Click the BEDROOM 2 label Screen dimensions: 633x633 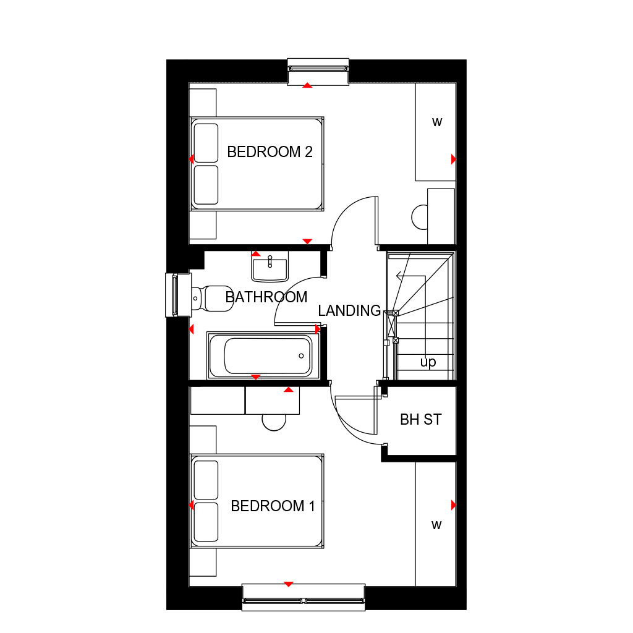pyautogui.click(x=270, y=152)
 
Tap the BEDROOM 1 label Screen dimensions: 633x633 pyautogui.click(x=273, y=506)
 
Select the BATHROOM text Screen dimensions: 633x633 pyautogui.click(x=266, y=297)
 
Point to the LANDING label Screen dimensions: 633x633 pyautogui.click(x=349, y=311)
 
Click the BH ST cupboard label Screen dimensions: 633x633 pyautogui.click(x=420, y=420)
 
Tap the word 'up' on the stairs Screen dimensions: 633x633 pyautogui.click(x=428, y=362)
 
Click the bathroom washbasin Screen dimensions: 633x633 pyautogui.click(x=270, y=270)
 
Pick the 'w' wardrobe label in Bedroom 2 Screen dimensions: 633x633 pyautogui.click(x=437, y=122)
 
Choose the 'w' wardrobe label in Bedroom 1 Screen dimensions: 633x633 pyautogui.click(x=436, y=525)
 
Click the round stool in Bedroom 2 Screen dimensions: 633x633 pyautogui.click(x=420, y=216)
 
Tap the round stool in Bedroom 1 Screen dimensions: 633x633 pyautogui.click(x=274, y=421)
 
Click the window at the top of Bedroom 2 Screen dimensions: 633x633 pyautogui.click(x=318, y=71)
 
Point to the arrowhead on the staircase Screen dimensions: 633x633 pyautogui.click(x=399, y=276)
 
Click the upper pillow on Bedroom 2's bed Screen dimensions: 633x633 pyautogui.click(x=206, y=143)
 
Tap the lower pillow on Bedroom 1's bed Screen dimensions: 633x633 pyautogui.click(x=206, y=522)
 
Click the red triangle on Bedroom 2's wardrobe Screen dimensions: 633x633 pyautogui.click(x=454, y=159)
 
